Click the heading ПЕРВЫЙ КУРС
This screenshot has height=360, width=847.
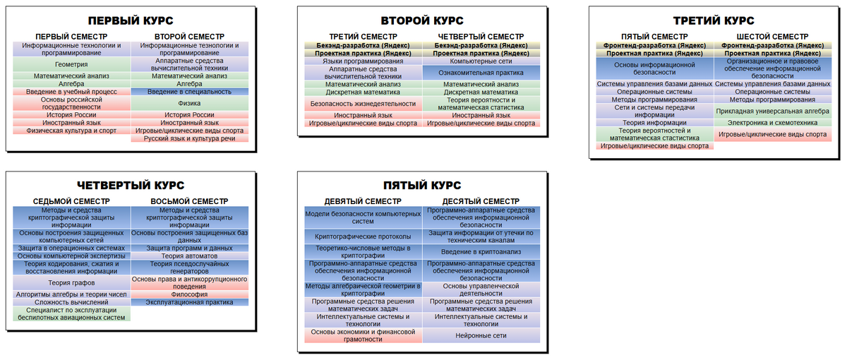click(x=131, y=20)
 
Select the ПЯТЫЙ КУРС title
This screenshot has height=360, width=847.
click(x=422, y=185)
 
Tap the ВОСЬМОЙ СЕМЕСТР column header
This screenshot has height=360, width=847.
click(x=189, y=201)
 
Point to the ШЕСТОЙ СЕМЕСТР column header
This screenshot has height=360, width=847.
click(x=772, y=37)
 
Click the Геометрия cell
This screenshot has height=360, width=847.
click(x=71, y=64)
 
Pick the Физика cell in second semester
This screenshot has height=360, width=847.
click(x=189, y=103)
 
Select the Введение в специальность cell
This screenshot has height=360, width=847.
click(x=189, y=92)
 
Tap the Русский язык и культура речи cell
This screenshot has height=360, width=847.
click(x=189, y=138)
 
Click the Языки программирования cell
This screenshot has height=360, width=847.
click(x=363, y=61)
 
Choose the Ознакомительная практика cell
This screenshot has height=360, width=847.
click(x=481, y=73)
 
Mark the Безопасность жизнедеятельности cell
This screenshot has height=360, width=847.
click(x=363, y=104)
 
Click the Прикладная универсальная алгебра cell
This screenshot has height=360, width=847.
click(x=772, y=112)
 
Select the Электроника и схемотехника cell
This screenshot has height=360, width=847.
click(x=772, y=123)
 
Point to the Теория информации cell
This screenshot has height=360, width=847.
click(x=654, y=123)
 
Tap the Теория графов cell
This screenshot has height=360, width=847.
click(x=71, y=282)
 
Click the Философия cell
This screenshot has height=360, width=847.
click(x=189, y=294)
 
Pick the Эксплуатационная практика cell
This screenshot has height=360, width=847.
click(x=189, y=302)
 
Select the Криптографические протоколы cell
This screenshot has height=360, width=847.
click(x=363, y=236)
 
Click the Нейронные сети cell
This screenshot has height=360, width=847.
click(x=481, y=335)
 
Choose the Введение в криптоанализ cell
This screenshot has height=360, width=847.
click(x=481, y=251)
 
